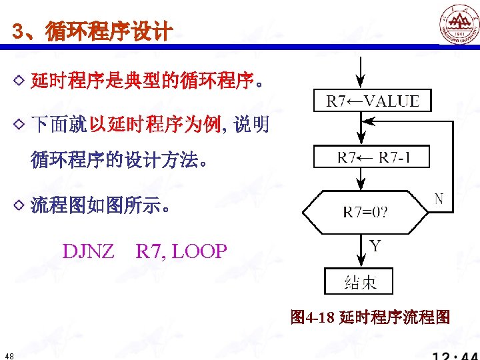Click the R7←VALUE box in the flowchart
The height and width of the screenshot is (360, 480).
(x=372, y=101)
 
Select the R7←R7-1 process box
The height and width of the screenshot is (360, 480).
(x=372, y=157)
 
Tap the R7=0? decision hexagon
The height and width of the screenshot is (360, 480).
(x=365, y=213)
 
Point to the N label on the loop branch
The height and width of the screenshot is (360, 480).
(x=439, y=199)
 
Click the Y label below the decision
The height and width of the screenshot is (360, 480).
(x=375, y=246)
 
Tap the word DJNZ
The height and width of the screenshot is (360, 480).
(x=89, y=251)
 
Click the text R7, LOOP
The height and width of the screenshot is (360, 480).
(x=181, y=251)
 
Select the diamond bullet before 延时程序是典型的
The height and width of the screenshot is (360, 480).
(x=19, y=82)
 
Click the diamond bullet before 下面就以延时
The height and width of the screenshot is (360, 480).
(x=19, y=123)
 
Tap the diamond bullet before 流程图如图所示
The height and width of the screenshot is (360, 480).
(x=19, y=205)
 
